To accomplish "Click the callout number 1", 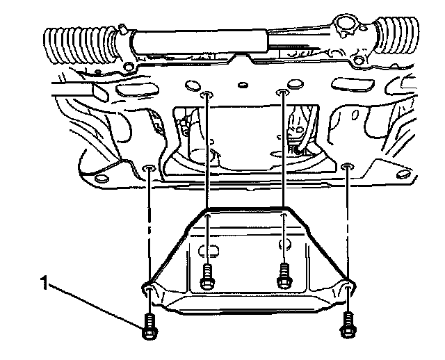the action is tap(44, 282).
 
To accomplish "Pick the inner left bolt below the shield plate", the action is tap(206, 277).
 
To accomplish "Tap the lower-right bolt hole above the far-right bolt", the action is tap(347, 166).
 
